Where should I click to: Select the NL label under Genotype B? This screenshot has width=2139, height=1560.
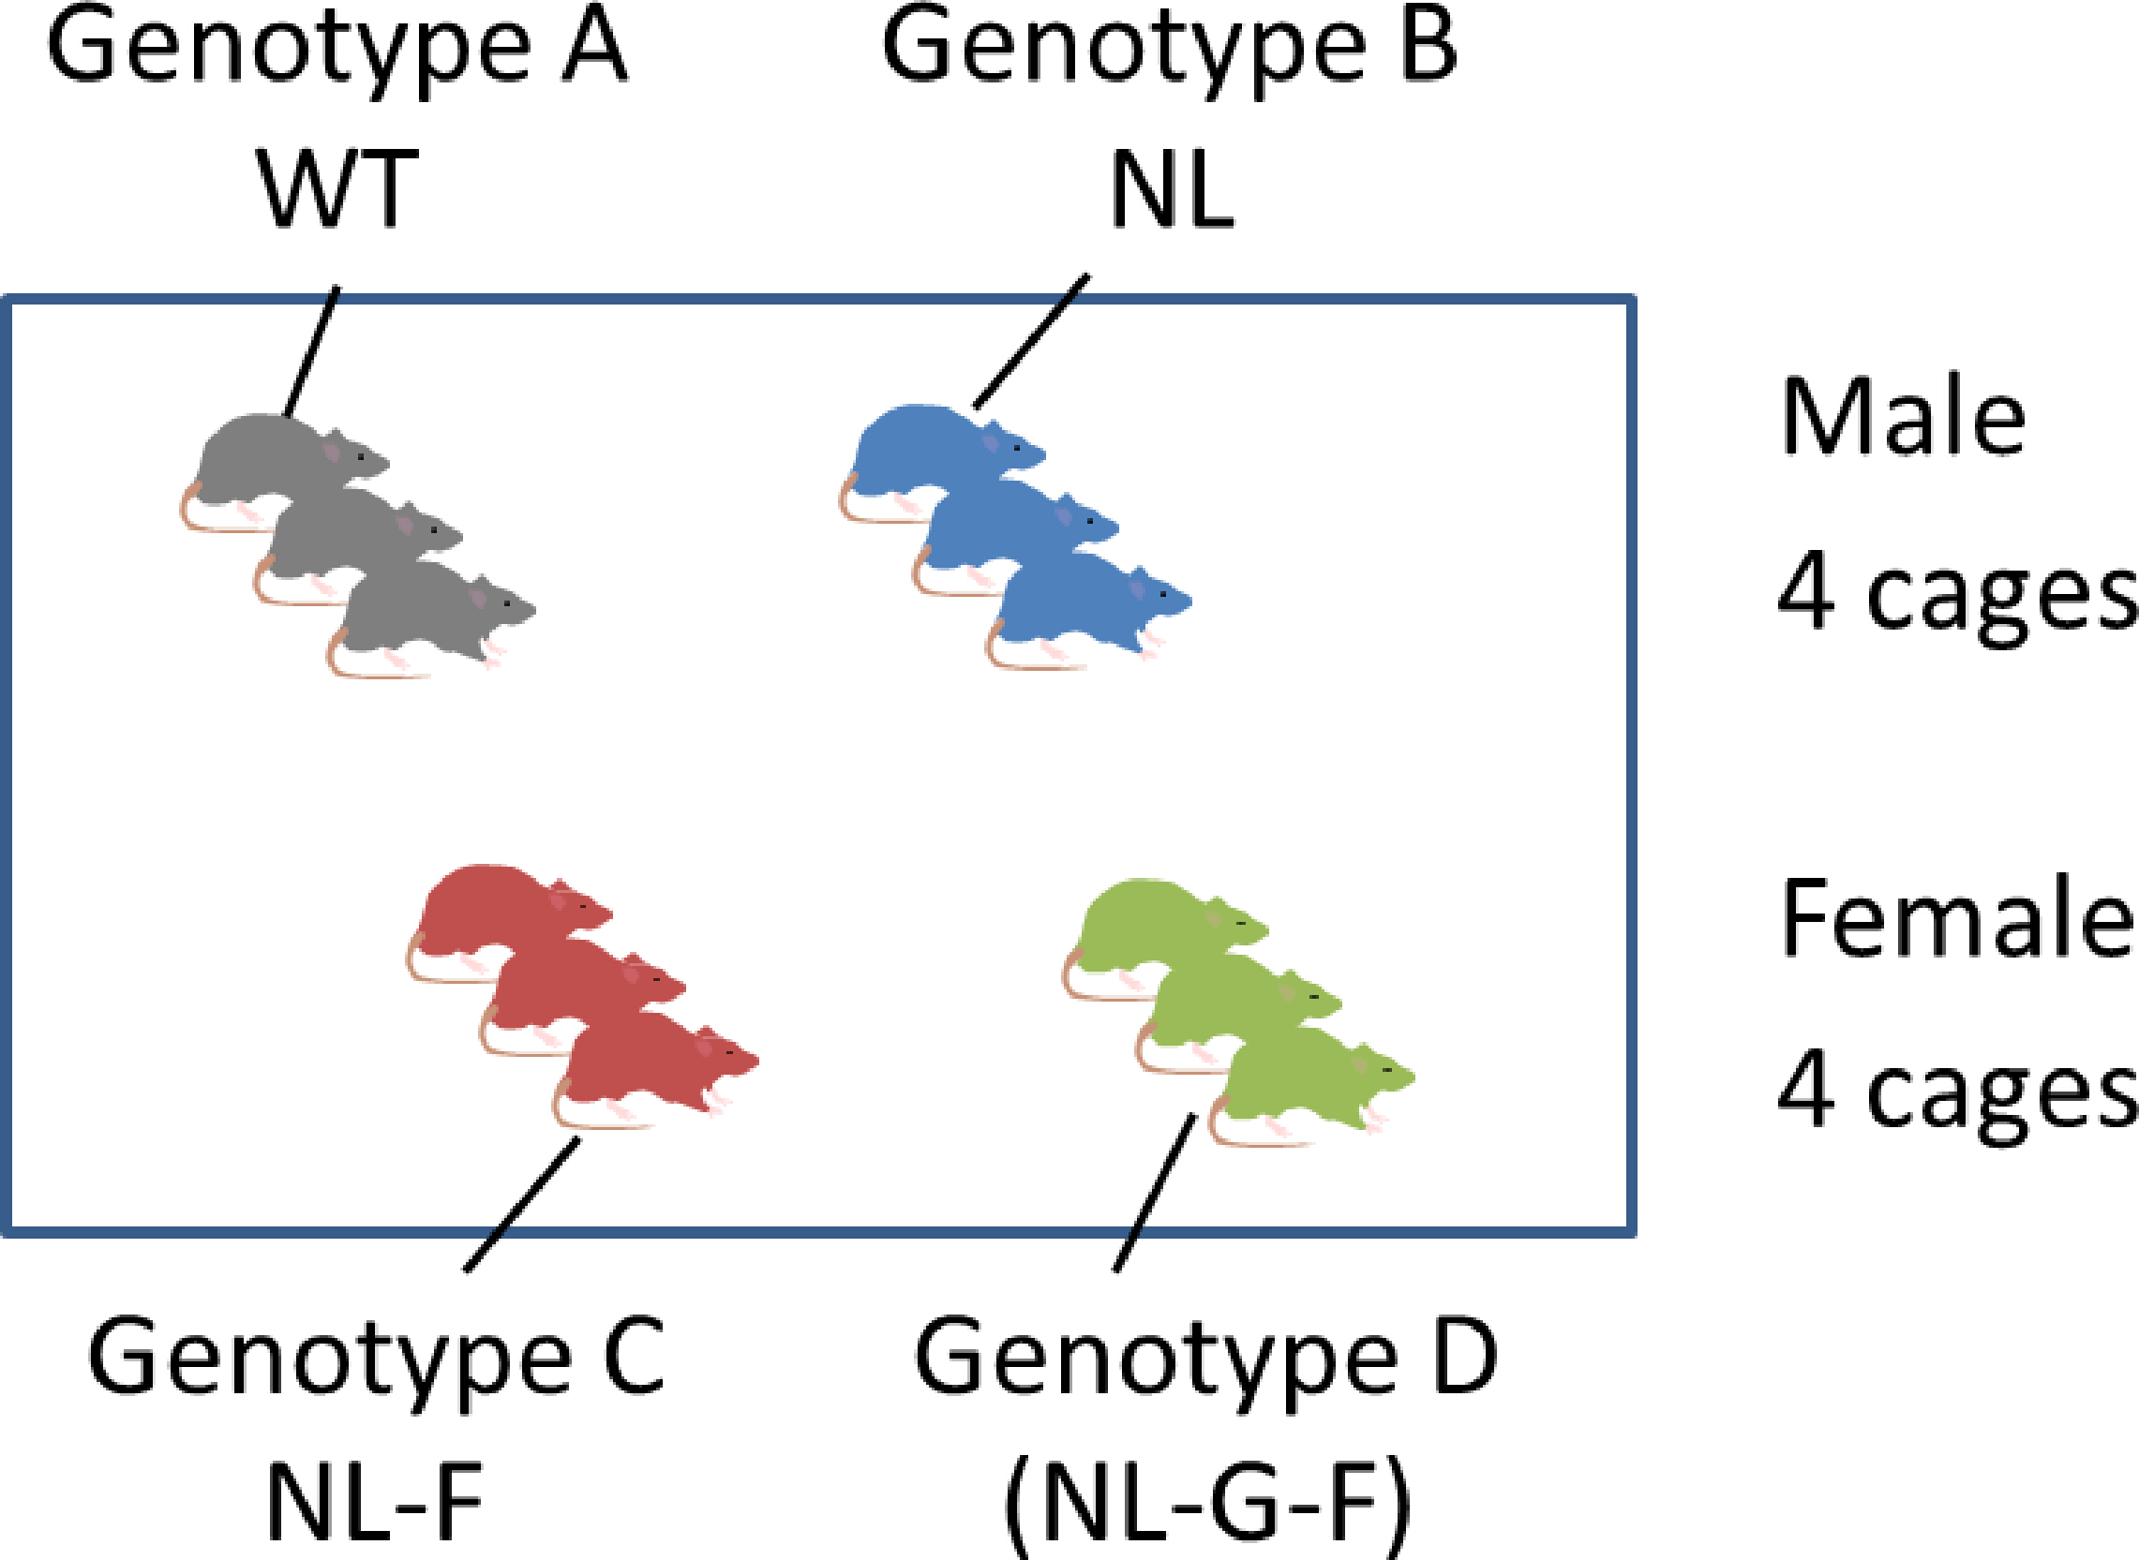[x=1172, y=191]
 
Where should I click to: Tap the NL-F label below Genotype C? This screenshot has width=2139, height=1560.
[x=375, y=1502]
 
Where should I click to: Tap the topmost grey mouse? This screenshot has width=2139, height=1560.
[x=274, y=453]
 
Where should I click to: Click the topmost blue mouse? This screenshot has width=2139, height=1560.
[x=931, y=444]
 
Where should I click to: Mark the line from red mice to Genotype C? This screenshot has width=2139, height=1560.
[x=522, y=1204]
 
